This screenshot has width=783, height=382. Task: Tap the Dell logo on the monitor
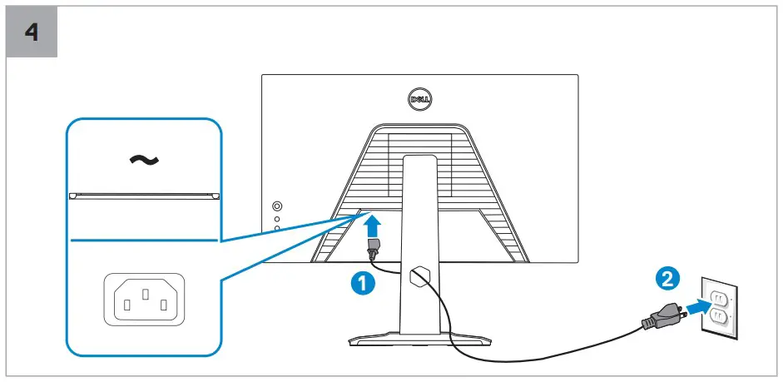click(x=420, y=99)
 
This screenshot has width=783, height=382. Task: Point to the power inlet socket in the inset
click(x=144, y=298)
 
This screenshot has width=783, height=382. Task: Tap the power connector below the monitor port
click(x=373, y=247)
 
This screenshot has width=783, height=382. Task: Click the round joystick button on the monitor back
click(x=277, y=206)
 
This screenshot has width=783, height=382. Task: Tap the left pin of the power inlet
click(x=126, y=304)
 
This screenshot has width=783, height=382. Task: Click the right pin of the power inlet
click(x=162, y=304)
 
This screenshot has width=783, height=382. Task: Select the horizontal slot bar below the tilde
click(x=145, y=196)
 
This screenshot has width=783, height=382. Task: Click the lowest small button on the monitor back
click(x=277, y=228)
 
